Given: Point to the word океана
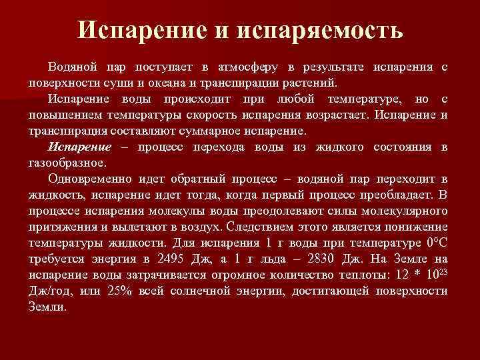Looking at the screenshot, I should tap(193, 84).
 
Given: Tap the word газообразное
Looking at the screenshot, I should tap(67, 161).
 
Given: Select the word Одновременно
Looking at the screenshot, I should tap(91, 179).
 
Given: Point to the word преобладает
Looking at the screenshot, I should tap(381, 194).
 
